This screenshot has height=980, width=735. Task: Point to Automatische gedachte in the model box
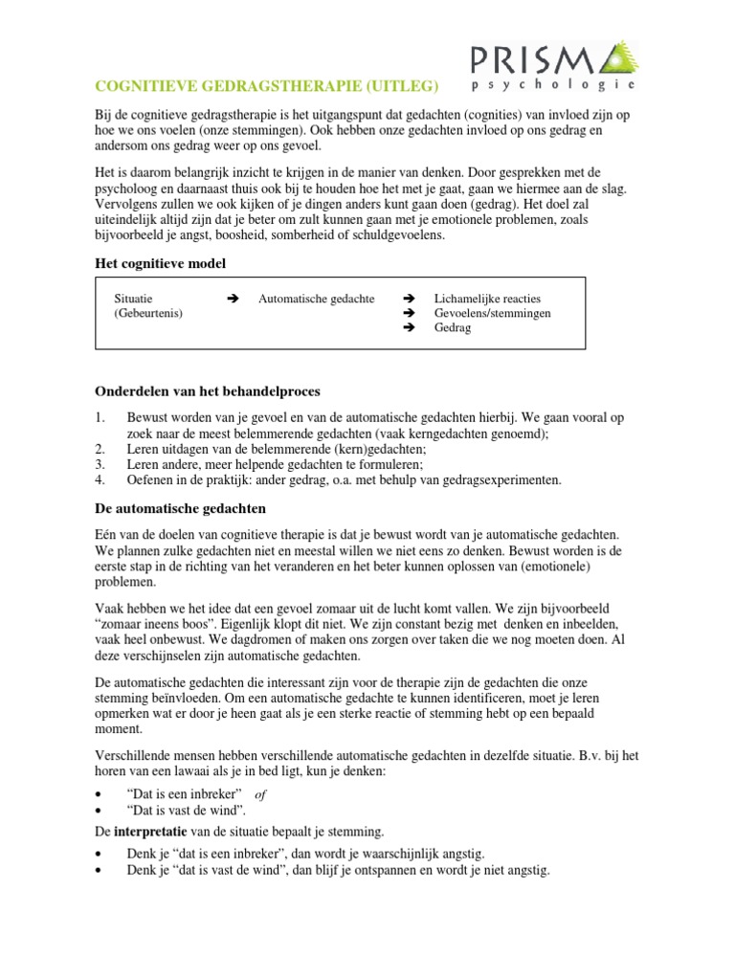tap(317, 299)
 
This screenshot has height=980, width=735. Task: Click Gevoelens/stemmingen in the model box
tap(492, 313)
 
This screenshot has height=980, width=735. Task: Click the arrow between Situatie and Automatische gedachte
tap(230, 299)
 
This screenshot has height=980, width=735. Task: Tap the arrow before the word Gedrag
tap(409, 327)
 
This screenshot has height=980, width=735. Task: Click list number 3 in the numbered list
tap(100, 464)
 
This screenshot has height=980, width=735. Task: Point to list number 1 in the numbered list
tap(100, 418)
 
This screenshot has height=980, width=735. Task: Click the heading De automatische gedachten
tap(180, 507)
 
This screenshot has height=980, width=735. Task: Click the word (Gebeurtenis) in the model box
tap(148, 313)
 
